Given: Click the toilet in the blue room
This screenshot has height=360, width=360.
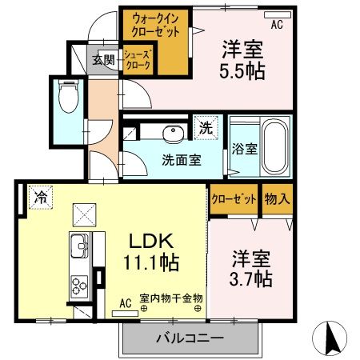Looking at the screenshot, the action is [x=69, y=96].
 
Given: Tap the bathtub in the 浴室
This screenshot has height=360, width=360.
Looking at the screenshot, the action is [x=275, y=146].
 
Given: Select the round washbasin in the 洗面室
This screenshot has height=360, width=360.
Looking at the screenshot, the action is [x=173, y=134].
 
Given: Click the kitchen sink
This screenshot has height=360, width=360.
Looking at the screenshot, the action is [x=79, y=246].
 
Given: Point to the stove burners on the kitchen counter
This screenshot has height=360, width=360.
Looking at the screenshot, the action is [x=79, y=286].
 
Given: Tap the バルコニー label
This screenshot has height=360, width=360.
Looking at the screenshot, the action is [x=190, y=338].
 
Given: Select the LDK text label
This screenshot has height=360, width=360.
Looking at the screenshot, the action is [x=151, y=240].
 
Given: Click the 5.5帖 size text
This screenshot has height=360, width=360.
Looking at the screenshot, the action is [x=242, y=71].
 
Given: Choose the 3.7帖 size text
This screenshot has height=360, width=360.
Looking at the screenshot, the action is [x=250, y=278].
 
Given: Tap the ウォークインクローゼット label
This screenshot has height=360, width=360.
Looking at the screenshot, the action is [x=155, y=26].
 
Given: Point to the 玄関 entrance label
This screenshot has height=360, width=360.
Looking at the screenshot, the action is [x=103, y=60].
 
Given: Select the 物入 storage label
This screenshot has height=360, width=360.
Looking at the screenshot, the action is [x=277, y=198].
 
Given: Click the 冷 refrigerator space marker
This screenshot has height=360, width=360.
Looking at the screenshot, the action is [x=41, y=198].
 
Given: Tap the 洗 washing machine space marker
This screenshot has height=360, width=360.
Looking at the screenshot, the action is [x=206, y=128].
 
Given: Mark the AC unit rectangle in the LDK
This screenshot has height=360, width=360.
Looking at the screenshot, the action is [x=125, y=314].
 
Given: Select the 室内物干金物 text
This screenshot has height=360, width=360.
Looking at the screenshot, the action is [x=171, y=298].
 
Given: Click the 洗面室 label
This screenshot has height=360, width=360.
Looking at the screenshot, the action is [x=182, y=160].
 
